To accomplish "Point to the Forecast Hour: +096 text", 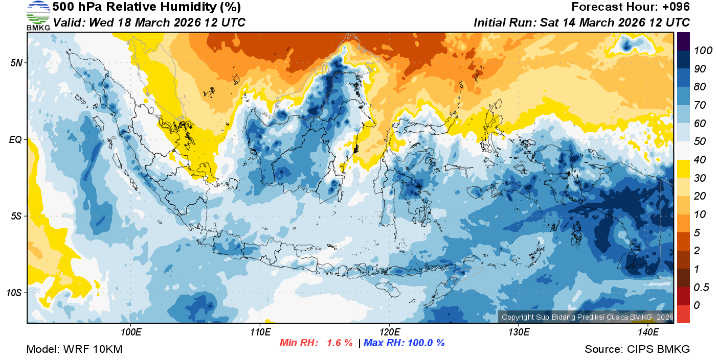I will coord(631,7).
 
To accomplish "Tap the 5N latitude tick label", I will coord(16,63).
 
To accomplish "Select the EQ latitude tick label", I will coord(16,139).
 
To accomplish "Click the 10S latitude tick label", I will coord(14,293).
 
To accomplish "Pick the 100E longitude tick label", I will coord(131,332).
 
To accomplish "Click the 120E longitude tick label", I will coord(389,332).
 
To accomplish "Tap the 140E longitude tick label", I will coord(648,332).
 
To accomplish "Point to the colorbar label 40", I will coord(700,160).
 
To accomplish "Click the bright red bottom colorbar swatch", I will coord(683,314).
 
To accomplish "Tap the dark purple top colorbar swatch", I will coord(683,41).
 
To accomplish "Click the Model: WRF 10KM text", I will coord(74,350).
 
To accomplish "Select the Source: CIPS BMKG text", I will coord(637,350).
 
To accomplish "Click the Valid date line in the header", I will coord(149,23).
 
